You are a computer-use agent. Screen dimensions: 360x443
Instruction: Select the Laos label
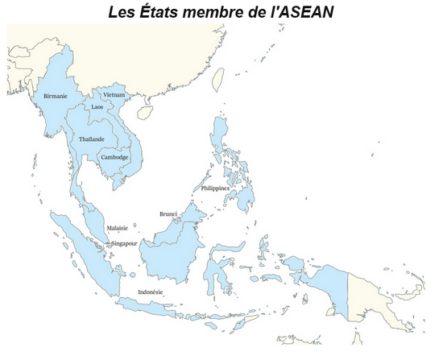97,106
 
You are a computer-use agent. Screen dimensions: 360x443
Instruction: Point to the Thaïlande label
91,139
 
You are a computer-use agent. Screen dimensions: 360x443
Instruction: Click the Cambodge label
114,157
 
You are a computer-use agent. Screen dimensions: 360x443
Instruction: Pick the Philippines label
215,188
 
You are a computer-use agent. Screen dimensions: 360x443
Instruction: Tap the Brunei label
168,213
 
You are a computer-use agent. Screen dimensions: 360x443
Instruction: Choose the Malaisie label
118,229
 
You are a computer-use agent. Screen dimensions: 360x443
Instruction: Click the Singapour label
125,242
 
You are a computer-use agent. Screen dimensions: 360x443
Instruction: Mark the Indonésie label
150,292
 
